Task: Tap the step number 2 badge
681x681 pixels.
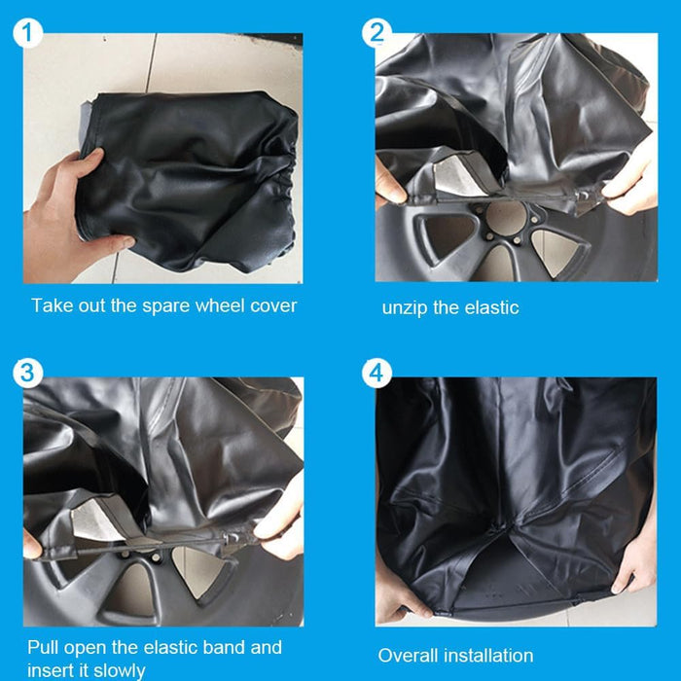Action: tap(376, 32)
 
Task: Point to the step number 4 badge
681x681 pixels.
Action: tap(376, 373)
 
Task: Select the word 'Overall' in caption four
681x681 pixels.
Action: tap(411, 655)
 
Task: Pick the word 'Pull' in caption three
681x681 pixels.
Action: tap(45, 647)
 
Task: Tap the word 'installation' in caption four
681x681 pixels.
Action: tap(489, 655)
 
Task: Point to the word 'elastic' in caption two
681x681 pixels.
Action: tap(490, 307)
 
